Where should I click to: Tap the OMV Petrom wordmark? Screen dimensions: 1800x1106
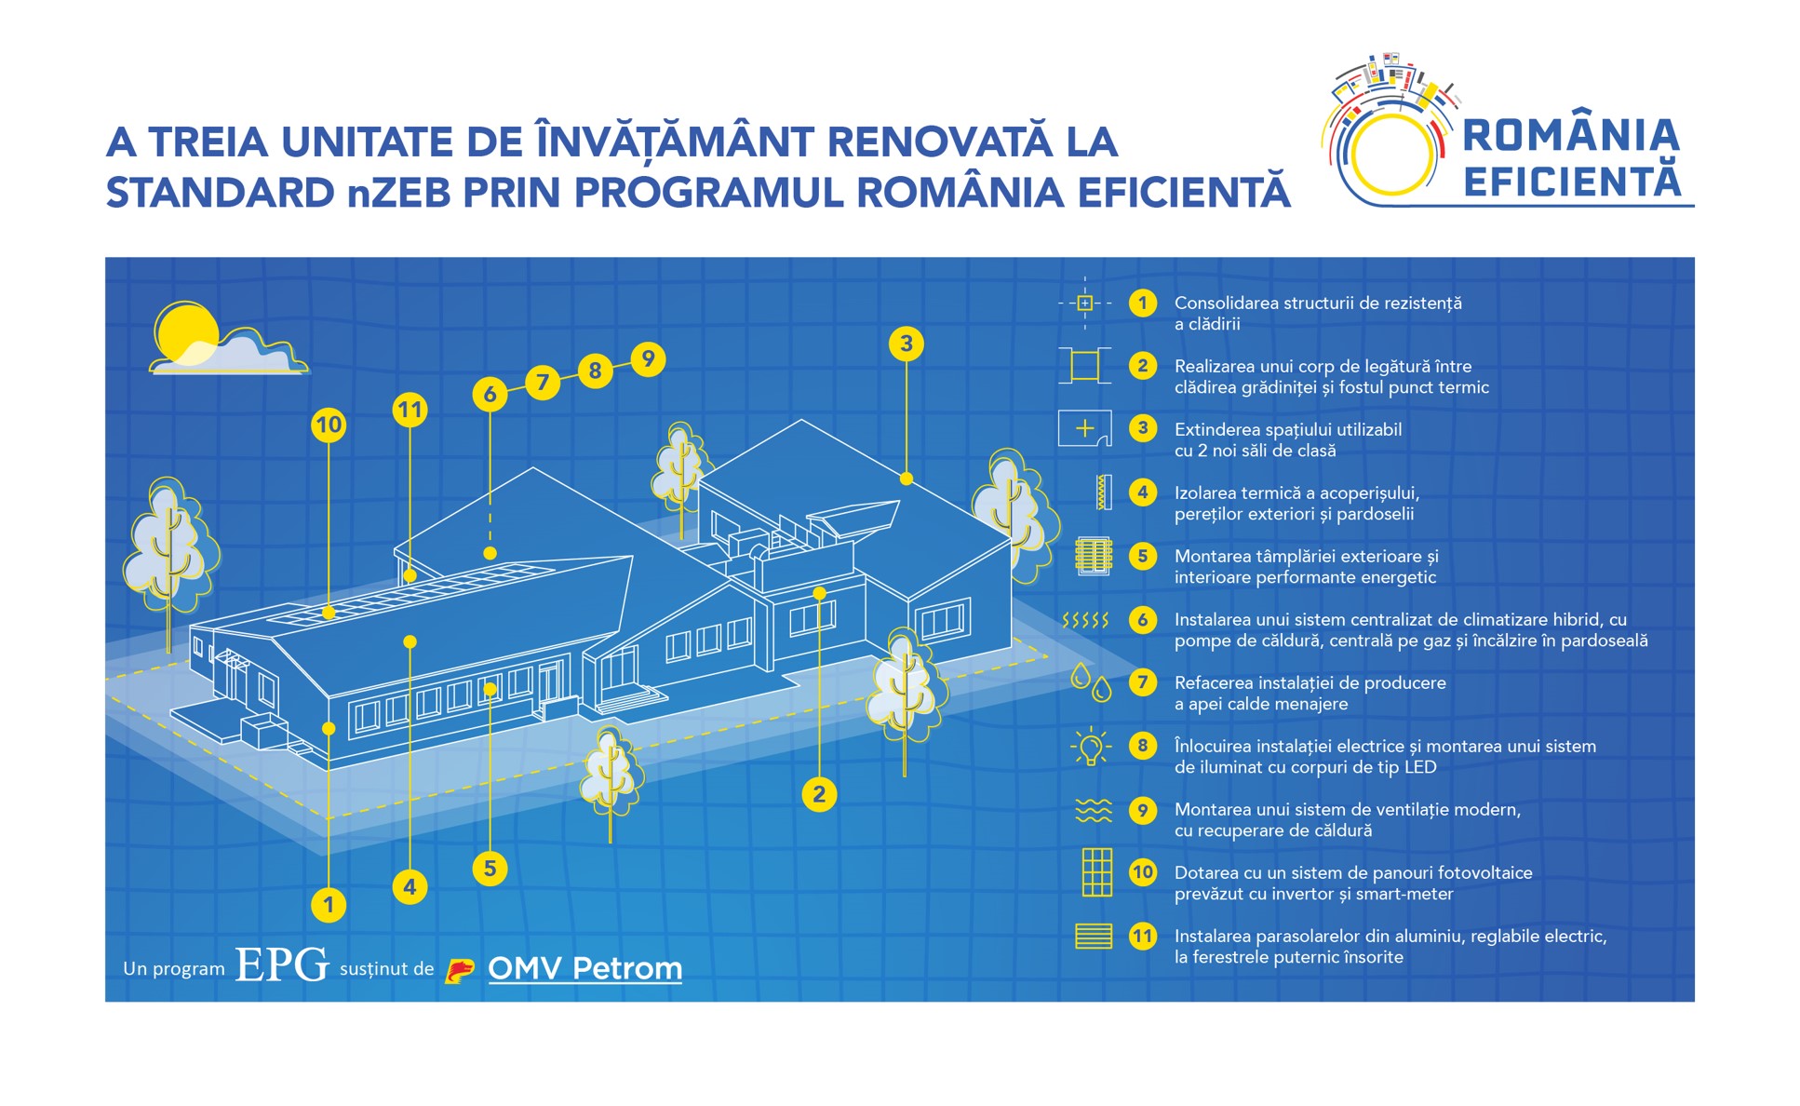point(584,968)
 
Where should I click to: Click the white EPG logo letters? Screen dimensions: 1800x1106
point(282,964)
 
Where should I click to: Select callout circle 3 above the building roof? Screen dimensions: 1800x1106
point(906,344)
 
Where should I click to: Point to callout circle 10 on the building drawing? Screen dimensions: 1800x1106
point(329,425)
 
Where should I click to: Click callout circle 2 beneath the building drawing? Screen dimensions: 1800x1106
point(819,794)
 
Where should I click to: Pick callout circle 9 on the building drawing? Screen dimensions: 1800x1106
point(648,358)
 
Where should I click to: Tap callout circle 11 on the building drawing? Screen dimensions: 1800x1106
point(410,410)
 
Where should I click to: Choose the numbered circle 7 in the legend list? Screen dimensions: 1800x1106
point(1143,682)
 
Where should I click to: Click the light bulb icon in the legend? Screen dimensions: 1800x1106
point(1091,747)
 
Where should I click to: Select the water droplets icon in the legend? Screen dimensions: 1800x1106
point(1091,682)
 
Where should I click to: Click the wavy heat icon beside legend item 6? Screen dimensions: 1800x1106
point(1085,620)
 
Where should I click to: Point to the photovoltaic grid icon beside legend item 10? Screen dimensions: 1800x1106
point(1096,872)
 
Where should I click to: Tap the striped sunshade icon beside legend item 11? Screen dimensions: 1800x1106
point(1094,936)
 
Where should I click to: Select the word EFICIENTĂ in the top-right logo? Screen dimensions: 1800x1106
point(1572,182)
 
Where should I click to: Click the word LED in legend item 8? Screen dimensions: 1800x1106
point(1699,767)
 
